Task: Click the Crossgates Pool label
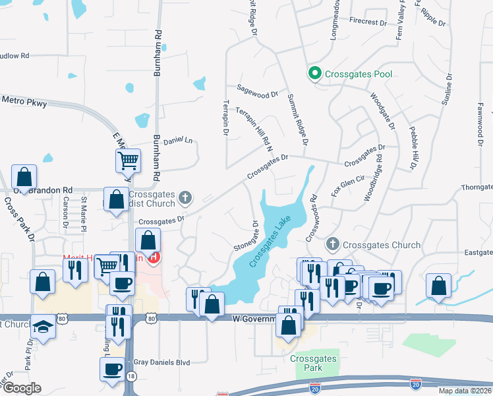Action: tap(359, 74)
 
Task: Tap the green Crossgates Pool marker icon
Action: tap(315, 73)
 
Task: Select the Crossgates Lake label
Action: tap(270, 244)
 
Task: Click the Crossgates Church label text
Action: tap(382, 245)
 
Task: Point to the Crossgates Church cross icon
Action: tap(332, 244)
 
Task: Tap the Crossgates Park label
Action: tap(313, 363)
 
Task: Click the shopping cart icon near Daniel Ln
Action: tap(128, 159)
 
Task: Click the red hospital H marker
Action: tap(154, 257)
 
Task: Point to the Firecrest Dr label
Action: tap(368, 22)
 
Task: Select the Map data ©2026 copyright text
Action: tap(465, 391)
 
